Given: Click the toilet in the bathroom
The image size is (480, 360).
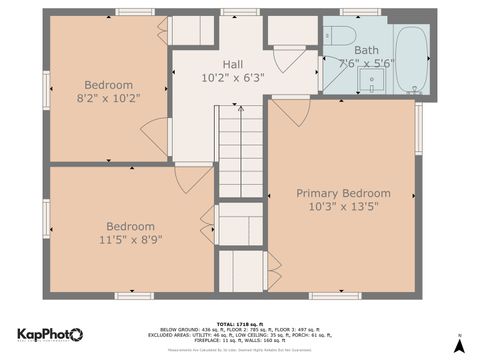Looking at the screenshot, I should tap(339, 38).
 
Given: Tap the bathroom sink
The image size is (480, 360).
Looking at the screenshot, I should tap(376, 82).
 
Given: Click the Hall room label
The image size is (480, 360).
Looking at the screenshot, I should tap(232, 63).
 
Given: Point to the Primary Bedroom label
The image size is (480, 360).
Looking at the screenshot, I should tap(343, 193).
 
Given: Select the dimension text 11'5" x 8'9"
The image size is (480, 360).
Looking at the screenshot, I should tap(130, 240).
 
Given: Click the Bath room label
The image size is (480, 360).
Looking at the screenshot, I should tap(367, 48).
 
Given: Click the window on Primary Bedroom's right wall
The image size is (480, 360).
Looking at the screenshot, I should tap(418, 128).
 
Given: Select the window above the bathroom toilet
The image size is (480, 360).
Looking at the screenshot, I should tap(359, 12).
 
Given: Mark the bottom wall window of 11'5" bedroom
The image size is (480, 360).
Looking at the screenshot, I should tap(132, 295).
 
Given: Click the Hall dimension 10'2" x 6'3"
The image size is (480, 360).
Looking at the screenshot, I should tap(232, 77).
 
